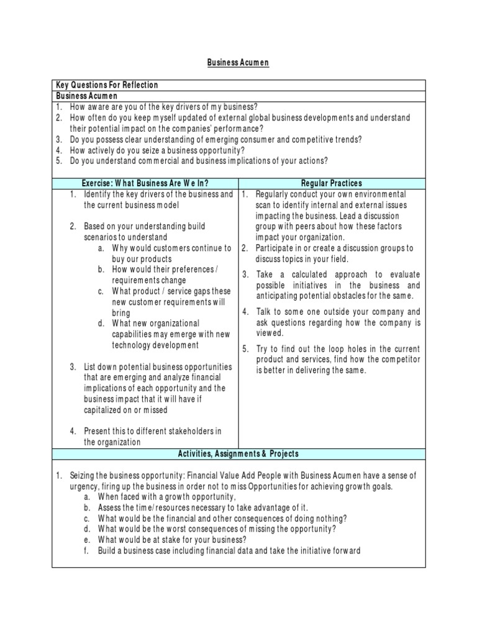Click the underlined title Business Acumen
click(x=238, y=63)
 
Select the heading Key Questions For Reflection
click(x=107, y=85)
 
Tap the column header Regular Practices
click(x=332, y=183)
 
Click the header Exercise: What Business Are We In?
click(x=145, y=183)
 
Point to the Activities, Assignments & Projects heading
click(x=238, y=454)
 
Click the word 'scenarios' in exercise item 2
click(x=103, y=237)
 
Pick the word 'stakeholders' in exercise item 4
click(x=185, y=432)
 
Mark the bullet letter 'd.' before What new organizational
click(x=101, y=324)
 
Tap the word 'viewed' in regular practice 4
click(x=270, y=333)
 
